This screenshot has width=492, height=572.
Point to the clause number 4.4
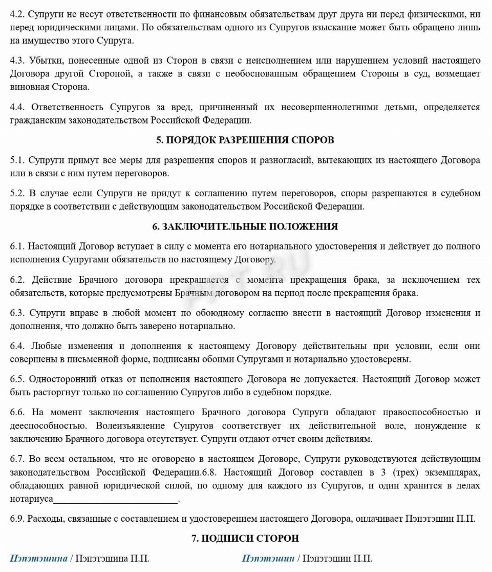17,107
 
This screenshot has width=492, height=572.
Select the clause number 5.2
17,193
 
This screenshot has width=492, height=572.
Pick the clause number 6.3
17,313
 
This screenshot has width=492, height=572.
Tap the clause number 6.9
17,519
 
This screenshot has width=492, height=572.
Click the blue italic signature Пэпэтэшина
38,558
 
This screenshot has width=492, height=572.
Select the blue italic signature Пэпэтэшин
268,558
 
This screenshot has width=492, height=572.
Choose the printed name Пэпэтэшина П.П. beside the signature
113,558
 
